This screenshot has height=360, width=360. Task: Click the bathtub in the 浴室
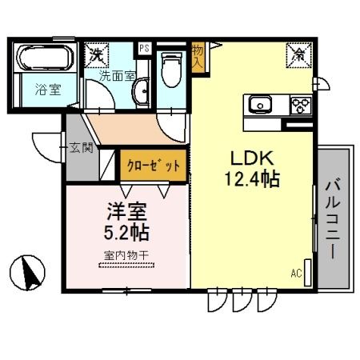click(x=45, y=58)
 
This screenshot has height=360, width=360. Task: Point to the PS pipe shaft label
click(x=144, y=48)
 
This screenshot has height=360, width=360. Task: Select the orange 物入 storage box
click(x=198, y=56)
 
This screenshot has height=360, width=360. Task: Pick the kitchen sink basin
click(x=262, y=106)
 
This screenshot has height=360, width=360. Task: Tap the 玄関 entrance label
click(x=81, y=147)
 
